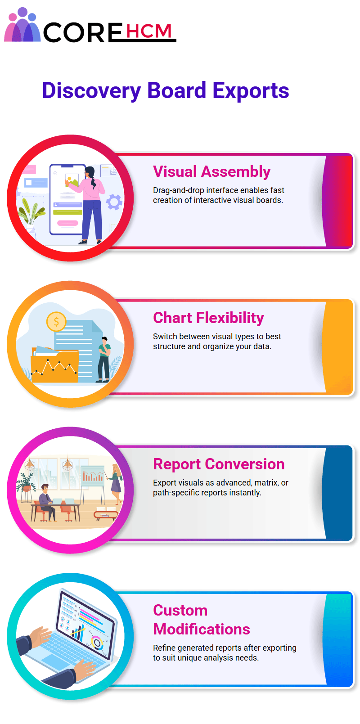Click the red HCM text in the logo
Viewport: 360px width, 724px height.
click(x=149, y=31)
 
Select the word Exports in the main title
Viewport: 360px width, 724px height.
click(x=251, y=90)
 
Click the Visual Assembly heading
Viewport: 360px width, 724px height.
click(x=211, y=171)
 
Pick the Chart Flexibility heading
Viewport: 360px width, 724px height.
click(x=208, y=318)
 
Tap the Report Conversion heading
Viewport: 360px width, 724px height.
click(x=219, y=464)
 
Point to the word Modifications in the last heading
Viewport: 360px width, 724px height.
click(x=202, y=629)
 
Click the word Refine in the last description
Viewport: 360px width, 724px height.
click(x=164, y=648)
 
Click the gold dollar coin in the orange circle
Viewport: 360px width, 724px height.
click(x=56, y=322)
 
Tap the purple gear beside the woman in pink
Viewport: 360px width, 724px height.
click(x=114, y=202)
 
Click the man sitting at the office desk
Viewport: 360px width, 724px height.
click(x=47, y=502)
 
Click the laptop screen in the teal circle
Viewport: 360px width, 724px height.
click(x=85, y=622)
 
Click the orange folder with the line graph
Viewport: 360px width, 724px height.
click(x=54, y=365)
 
